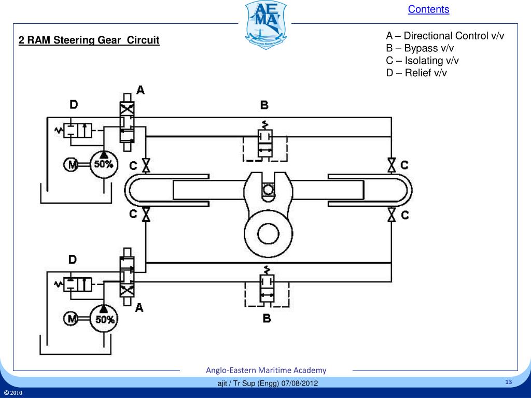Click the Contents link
click(x=428, y=9)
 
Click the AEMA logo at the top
click(x=265, y=24)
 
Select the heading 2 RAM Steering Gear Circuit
click(x=89, y=40)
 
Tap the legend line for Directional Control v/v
click(x=445, y=36)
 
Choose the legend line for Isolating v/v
click(x=423, y=61)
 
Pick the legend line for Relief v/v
click(x=416, y=73)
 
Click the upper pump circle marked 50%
click(x=104, y=164)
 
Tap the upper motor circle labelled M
click(x=71, y=165)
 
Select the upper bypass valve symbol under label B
click(x=266, y=144)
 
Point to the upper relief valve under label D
click(x=78, y=130)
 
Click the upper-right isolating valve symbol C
click(x=392, y=165)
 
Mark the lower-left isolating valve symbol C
click(x=146, y=214)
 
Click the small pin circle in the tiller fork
click(x=268, y=190)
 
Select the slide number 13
click(x=508, y=382)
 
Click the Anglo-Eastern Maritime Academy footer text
click(x=266, y=370)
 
